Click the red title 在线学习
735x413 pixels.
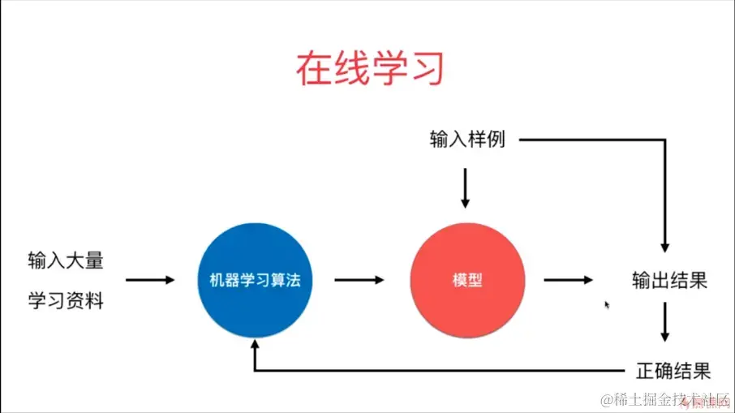369,69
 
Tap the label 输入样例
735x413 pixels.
467,140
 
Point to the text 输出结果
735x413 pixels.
670,281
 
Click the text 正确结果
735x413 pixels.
673,372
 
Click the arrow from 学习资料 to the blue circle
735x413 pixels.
150,280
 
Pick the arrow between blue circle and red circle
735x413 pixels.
359,280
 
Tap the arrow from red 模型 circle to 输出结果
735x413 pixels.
568,280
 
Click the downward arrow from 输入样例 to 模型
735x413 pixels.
465,188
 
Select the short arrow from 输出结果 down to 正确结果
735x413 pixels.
665,322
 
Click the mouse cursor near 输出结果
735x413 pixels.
607,305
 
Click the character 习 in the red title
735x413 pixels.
427,69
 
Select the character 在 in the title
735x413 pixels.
312,69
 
